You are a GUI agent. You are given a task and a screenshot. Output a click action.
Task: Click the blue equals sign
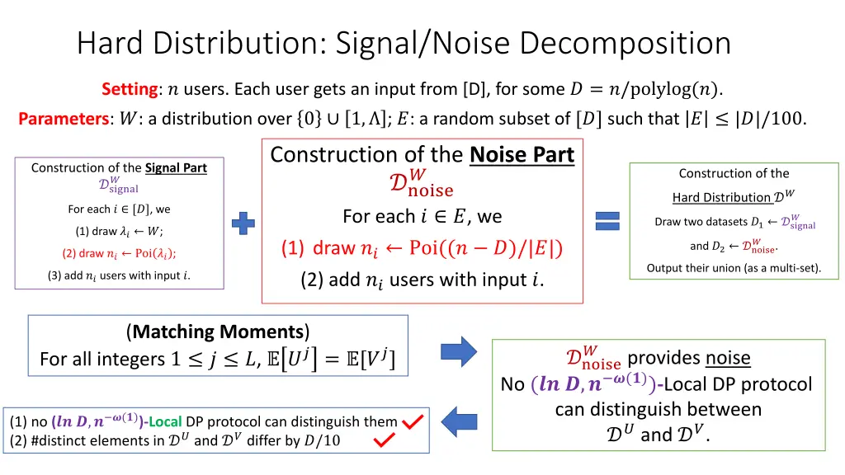(x=607, y=220)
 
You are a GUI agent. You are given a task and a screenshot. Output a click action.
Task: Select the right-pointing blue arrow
(x=458, y=350)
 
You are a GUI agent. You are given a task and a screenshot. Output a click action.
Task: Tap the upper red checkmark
(x=413, y=422)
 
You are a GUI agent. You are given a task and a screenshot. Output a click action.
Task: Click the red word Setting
(x=130, y=89)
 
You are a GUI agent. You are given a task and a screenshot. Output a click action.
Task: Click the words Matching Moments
(x=218, y=332)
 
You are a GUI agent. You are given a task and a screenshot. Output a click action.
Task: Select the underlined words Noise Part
(x=522, y=155)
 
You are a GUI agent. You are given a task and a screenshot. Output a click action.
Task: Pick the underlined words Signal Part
(x=176, y=168)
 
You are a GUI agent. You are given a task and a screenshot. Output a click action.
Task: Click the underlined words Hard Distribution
(x=721, y=197)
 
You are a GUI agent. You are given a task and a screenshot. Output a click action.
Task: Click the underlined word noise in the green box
(x=728, y=358)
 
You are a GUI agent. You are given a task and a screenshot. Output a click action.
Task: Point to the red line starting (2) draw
(x=119, y=253)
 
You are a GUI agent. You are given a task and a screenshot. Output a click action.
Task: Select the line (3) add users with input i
(x=119, y=275)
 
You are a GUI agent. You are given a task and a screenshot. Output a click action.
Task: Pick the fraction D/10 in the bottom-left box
(x=321, y=440)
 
